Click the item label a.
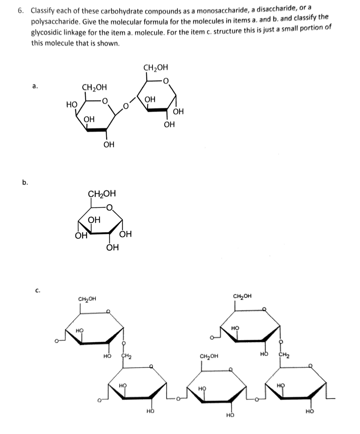[x=35, y=86]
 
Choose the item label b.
[x=25, y=182]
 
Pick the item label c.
[x=38, y=291]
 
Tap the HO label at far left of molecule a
[x=72, y=105]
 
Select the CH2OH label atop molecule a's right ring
[x=156, y=67]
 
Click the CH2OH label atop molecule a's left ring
[x=94, y=88]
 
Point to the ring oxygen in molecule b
[x=110, y=208]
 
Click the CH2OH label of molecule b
[x=102, y=193]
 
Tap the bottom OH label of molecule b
[x=112, y=248]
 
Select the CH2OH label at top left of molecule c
[x=87, y=299]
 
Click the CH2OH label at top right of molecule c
[x=242, y=296]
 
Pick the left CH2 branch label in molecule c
[x=126, y=356]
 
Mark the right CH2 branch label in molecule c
[x=283, y=355]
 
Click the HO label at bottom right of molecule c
[x=310, y=411]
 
